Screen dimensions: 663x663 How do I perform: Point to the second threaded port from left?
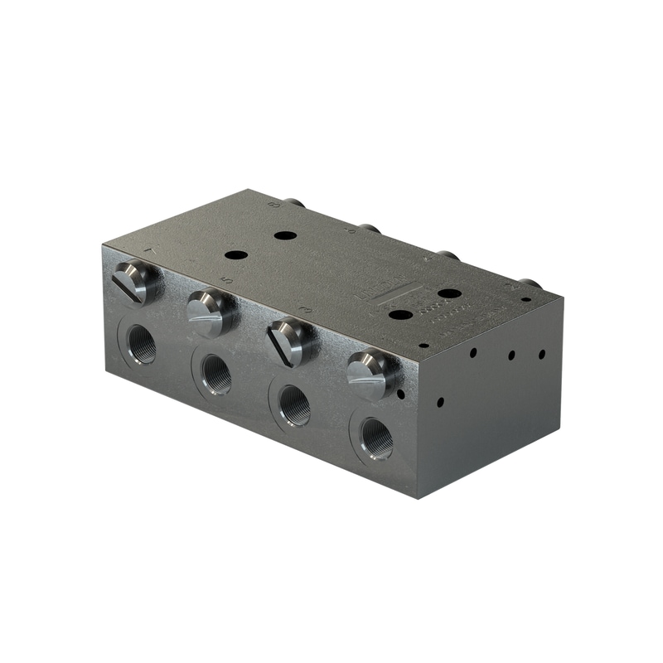[x=216, y=374]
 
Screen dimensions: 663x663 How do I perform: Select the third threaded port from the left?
[x=293, y=405]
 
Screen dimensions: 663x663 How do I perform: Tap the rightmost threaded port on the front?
[x=376, y=438]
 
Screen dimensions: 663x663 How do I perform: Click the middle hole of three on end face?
[x=511, y=355]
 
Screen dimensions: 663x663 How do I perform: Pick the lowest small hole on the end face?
[x=440, y=402]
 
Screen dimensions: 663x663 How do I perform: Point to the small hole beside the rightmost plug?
[x=400, y=394]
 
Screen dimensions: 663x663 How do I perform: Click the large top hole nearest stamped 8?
[x=285, y=235]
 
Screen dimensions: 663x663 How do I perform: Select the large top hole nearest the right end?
[x=448, y=293]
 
